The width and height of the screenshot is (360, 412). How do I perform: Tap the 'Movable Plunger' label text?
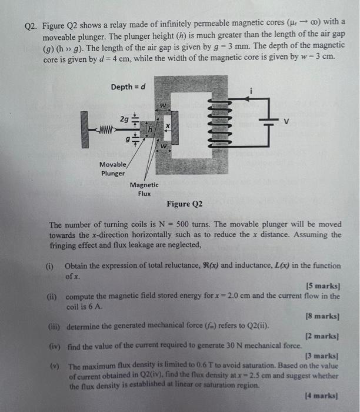point(112,169)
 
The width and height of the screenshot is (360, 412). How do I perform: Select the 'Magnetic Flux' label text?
point(144,189)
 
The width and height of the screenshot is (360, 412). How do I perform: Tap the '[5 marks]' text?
point(322,285)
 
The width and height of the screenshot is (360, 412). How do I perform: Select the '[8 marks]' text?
point(322,316)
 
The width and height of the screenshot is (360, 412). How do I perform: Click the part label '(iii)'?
point(55,326)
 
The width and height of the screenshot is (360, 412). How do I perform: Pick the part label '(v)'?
point(54,366)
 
